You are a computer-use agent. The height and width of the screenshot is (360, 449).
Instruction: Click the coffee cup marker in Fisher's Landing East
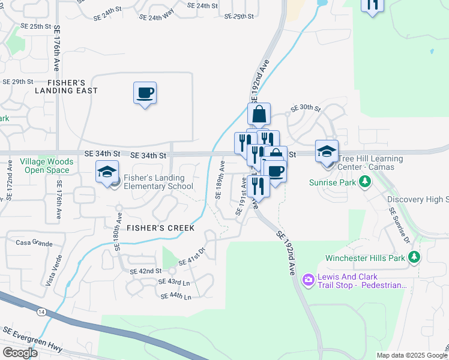pyautogui.click(x=145, y=93)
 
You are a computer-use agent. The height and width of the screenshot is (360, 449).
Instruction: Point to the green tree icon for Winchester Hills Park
pyautogui.click(x=414, y=257)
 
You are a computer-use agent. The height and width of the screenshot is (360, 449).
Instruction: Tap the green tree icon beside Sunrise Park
pyautogui.click(x=364, y=181)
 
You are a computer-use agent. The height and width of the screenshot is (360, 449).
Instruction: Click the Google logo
pyautogui.click(x=20, y=353)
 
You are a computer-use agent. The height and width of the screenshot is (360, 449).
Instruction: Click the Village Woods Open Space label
pyautogui.click(x=46, y=166)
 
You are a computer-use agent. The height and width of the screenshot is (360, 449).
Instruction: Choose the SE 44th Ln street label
pyautogui.click(x=175, y=296)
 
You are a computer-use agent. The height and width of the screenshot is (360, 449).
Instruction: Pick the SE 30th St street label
pyautogui.click(x=306, y=109)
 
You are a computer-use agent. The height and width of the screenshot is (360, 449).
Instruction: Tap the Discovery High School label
pyautogui.click(x=418, y=199)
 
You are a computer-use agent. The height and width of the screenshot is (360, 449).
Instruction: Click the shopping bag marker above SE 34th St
pyautogui.click(x=259, y=114)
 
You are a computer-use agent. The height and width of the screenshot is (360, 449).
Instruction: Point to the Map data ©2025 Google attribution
pyautogui.click(x=412, y=355)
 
